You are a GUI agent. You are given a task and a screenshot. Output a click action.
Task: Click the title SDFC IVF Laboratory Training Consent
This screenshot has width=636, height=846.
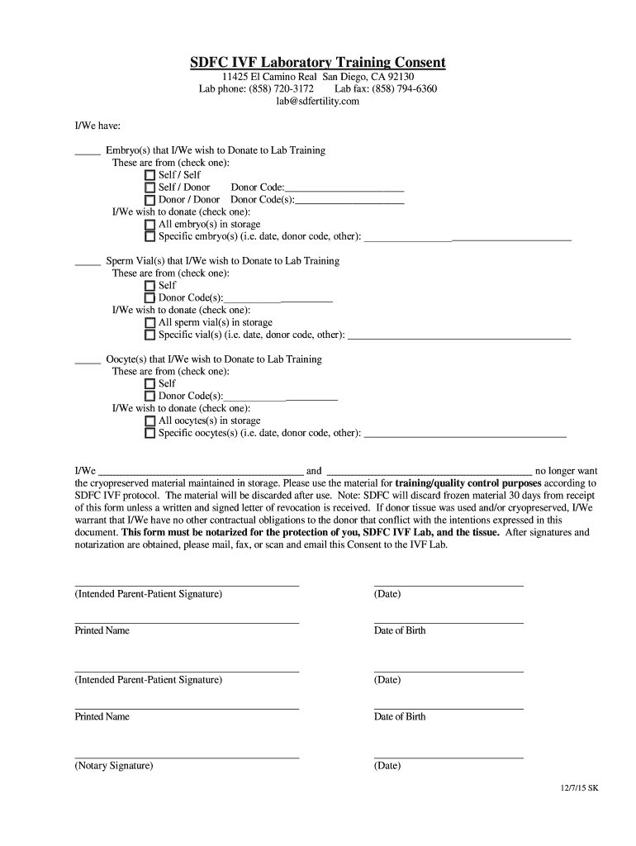tap(318, 63)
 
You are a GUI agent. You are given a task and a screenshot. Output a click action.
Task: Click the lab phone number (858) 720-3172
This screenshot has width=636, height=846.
tap(281, 88)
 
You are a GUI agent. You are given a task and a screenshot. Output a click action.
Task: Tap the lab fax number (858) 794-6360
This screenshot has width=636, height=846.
tap(404, 88)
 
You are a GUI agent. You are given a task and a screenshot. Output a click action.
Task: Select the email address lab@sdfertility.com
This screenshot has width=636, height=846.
tap(318, 101)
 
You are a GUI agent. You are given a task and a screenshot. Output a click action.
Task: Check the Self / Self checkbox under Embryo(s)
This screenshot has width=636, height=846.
tap(150, 175)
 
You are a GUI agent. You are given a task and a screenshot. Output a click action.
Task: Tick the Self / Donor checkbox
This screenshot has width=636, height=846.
tap(150, 188)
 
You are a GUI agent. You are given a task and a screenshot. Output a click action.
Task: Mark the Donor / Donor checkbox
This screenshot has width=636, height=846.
tap(150, 200)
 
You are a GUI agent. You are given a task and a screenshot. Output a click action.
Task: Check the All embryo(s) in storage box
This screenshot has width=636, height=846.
tap(150, 225)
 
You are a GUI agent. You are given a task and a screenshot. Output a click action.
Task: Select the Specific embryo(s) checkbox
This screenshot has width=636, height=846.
tap(150, 237)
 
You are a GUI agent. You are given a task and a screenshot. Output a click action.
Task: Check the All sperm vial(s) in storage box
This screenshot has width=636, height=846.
tap(150, 323)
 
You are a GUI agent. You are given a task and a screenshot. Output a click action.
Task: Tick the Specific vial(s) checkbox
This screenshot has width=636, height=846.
tap(150, 335)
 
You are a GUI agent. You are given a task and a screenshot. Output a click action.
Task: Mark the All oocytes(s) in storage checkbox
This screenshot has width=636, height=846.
tap(150, 421)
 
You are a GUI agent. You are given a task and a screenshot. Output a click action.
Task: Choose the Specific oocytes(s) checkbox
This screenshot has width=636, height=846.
tap(150, 433)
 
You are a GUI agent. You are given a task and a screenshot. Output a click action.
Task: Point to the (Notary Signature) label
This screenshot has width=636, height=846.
tap(114, 766)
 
